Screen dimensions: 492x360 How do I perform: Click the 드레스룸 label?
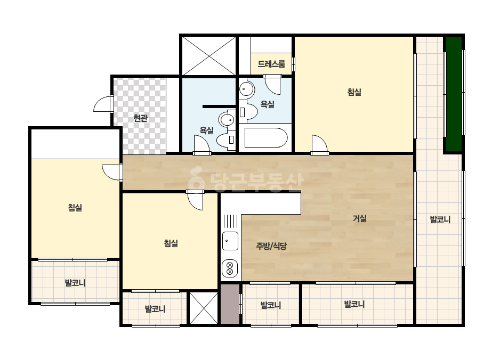[271, 64]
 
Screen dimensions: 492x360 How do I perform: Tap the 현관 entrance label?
[140, 118]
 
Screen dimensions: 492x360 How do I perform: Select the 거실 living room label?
[360, 218]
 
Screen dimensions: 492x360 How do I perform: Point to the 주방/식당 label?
[271, 246]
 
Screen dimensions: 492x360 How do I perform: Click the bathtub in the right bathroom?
[266, 138]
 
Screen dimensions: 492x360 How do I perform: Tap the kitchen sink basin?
[230, 241]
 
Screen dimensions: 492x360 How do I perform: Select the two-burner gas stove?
[230, 269]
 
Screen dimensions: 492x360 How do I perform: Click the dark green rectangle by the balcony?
[454, 94]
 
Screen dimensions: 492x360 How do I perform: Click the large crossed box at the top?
[209, 56]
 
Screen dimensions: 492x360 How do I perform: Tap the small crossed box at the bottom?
[204, 308]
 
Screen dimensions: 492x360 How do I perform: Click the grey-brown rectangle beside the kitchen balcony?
[230, 304]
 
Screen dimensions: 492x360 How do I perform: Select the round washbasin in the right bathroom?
[247, 89]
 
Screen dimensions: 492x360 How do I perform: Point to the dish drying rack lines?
[231, 221]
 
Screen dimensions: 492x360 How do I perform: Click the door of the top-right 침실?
[320, 144]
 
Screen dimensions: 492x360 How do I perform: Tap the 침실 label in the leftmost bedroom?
[75, 207]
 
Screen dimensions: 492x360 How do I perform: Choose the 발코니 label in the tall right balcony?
[440, 219]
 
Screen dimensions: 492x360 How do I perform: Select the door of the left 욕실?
[202, 145]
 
